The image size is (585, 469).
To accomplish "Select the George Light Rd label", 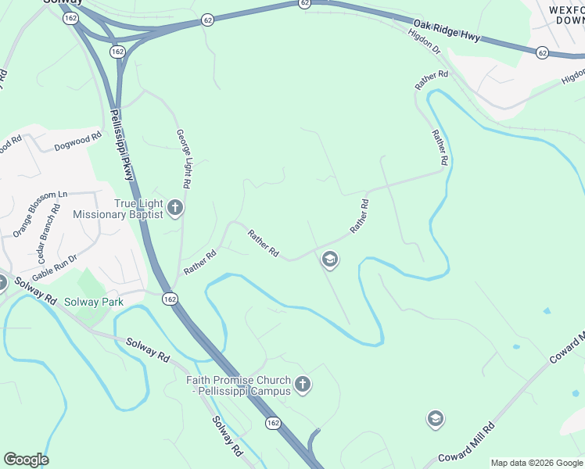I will (183, 159).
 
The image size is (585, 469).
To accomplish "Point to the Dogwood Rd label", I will (78, 141).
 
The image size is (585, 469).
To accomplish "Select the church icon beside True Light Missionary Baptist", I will (175, 209).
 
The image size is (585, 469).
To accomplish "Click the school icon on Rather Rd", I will (330, 260).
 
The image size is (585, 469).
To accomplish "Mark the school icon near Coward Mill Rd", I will (436, 419).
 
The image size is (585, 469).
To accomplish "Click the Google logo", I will (26, 460).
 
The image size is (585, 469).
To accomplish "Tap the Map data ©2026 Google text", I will (537, 463).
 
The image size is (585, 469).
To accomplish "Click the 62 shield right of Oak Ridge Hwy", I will (542, 52).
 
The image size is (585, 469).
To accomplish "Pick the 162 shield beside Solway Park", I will (170, 299).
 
